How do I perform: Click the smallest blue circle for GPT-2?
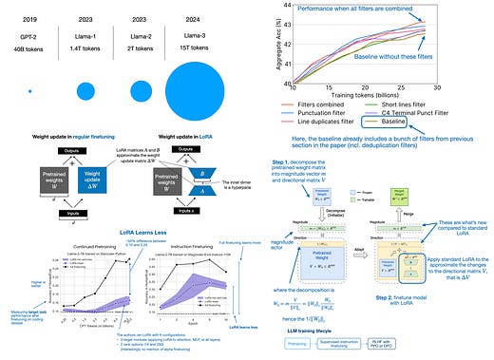click(30, 90)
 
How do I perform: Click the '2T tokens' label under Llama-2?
click(148, 40)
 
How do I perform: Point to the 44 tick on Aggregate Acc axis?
click(272, 6)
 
